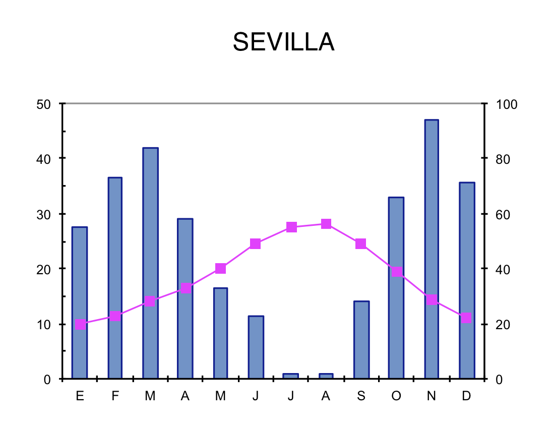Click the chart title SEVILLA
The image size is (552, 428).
[283, 42]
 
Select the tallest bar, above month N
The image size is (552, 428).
[432, 249]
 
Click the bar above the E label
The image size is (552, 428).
[80, 302]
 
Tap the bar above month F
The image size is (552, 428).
[115, 278]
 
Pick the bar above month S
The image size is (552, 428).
[361, 340]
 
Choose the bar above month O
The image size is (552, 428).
[396, 287]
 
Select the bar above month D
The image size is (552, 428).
[467, 280]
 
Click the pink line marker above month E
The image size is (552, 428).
[81, 324]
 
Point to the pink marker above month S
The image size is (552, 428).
[360, 244]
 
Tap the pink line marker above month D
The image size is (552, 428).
[466, 318]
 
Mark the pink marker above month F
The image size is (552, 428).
[115, 317]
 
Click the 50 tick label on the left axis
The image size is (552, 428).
[45, 104]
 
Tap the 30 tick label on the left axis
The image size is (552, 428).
[45, 214]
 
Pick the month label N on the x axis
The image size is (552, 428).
[431, 396]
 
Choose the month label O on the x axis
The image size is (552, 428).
[396, 396]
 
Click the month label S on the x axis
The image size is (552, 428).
[361, 396]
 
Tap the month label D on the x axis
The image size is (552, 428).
[466, 396]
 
